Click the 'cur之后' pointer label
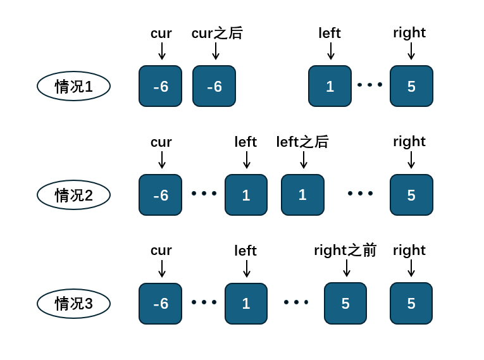pos(217,33)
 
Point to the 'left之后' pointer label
pos(302,142)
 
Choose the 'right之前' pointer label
pos(345,250)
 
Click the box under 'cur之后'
pos(214,86)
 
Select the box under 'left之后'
pos(302,195)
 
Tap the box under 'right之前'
pos(345,304)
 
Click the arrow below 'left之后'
pos(304,159)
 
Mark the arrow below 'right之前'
pos(347,268)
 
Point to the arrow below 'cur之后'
pos(216,51)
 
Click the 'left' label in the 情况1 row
pos(330,33)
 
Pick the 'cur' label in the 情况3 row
pos(161,251)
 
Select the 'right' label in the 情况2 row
pos(409,142)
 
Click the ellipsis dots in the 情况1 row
pos(369,85)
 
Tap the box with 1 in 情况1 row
pos(330,86)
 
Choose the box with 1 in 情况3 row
pos(246,304)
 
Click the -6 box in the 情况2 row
pos(161,195)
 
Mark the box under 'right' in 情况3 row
pos(411,304)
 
